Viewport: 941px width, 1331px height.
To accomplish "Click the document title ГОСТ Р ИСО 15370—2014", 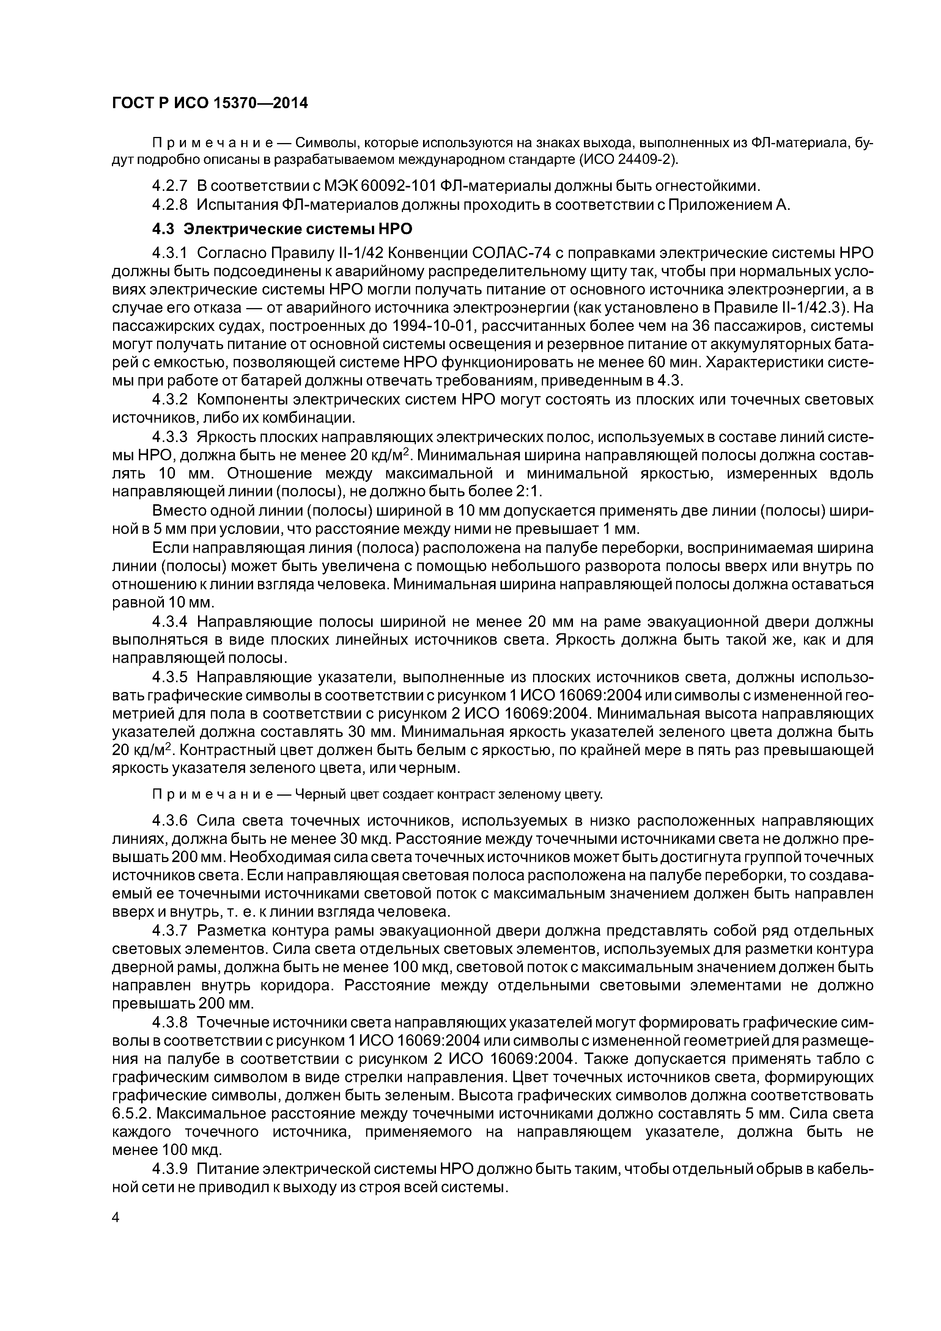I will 209,103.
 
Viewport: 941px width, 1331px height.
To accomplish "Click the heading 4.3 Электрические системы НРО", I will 282,229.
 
